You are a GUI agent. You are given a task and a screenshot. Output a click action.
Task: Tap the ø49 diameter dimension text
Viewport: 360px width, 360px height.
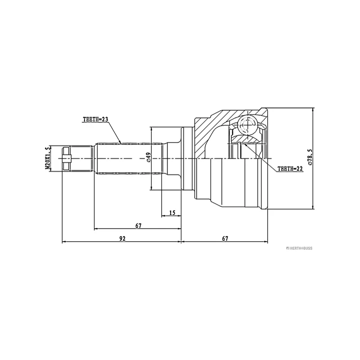[x=148, y=157]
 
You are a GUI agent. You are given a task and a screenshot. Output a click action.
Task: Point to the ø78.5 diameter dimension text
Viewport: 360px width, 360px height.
[x=310, y=158]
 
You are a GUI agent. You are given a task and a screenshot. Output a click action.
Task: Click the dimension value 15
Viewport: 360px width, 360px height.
[x=172, y=212]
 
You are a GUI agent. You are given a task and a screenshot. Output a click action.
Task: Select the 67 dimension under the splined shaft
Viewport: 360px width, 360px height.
[x=138, y=225]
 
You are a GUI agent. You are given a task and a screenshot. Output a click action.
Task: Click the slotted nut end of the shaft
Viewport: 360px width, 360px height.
[x=67, y=158]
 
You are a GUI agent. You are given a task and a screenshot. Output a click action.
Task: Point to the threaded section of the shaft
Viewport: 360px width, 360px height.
[x=83, y=158]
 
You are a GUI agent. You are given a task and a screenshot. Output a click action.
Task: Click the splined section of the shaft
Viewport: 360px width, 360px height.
[x=128, y=158]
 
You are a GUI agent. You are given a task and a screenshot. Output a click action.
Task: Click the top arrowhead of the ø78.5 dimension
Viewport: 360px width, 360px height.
[x=313, y=111]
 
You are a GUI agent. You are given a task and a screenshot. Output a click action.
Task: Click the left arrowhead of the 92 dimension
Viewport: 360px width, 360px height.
[x=63, y=242]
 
